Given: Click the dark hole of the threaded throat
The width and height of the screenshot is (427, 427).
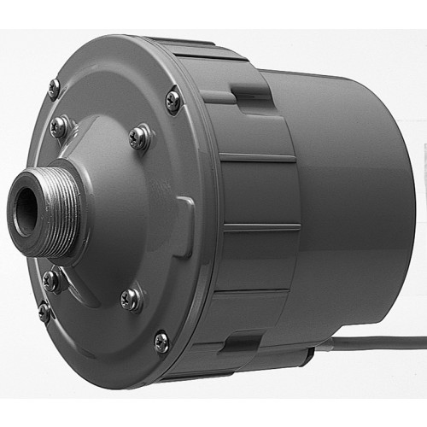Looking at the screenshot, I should (24, 213).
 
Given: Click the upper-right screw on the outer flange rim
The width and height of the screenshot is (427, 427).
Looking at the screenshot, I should (173, 100).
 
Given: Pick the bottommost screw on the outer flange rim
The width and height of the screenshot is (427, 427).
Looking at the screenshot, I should (161, 342).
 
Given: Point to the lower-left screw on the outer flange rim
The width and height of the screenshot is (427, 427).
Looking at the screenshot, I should (44, 312).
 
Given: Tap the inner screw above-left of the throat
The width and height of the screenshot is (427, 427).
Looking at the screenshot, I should (59, 127).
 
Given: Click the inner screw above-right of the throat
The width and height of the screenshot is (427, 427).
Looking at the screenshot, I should (138, 137).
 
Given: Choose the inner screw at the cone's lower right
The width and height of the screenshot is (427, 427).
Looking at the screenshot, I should (131, 298).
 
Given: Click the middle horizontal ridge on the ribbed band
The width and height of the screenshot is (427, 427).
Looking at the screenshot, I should (260, 226).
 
